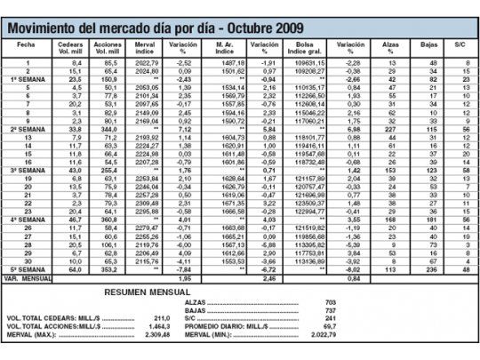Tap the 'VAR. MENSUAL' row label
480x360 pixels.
pos(26,278)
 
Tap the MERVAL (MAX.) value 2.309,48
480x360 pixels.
pos(156,336)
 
